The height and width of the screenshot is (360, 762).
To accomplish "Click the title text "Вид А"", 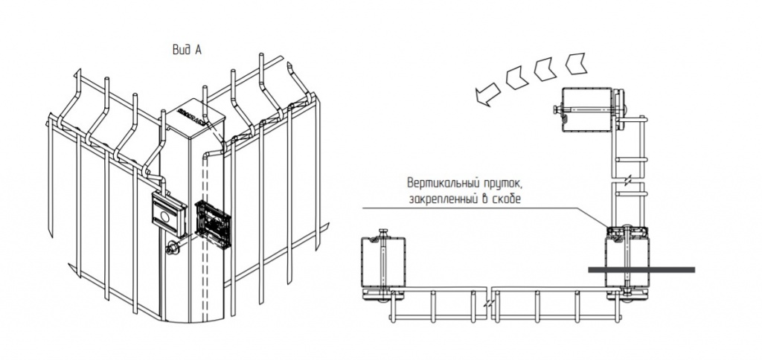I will pos(187,50).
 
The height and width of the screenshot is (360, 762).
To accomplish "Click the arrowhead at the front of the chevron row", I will pos(485,93).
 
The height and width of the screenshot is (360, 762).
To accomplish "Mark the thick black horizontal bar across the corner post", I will pos(641,269).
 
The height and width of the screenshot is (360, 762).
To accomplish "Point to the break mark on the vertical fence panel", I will pos(629,181).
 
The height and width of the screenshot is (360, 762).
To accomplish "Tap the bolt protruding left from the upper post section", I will pos(556,111).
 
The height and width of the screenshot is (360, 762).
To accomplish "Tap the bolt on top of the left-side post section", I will pos(383,233).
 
